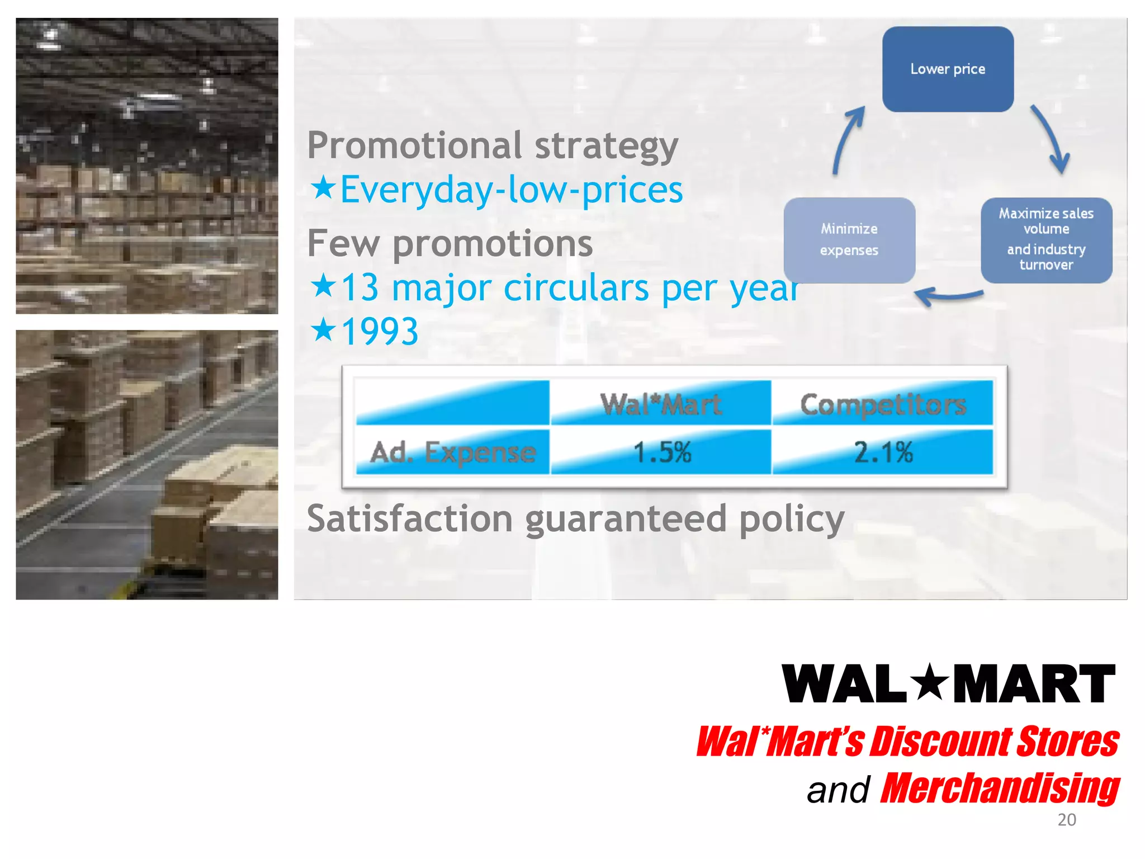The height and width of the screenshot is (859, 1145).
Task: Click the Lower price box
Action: pos(948,69)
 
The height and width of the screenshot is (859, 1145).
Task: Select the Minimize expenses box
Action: pos(849,240)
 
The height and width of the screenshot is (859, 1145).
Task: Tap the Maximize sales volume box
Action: pos(1046,240)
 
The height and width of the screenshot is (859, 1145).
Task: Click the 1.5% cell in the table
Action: pos(661,452)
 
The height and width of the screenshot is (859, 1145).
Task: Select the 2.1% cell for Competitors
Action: pos(883,452)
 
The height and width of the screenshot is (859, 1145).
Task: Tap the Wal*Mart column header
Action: pos(661,404)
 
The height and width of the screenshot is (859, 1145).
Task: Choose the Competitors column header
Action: pos(883,404)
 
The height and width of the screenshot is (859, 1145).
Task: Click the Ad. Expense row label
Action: pos(453,452)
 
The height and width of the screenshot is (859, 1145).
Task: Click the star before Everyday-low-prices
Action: pos(323,188)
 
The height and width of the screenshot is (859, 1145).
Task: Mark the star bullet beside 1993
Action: pos(323,329)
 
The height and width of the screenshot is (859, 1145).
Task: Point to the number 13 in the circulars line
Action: pos(359,287)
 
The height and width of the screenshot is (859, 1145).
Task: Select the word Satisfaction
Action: pos(410,518)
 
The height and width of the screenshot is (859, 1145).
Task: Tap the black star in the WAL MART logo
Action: pos(929,683)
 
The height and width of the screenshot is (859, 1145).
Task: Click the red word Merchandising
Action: pos(1000,789)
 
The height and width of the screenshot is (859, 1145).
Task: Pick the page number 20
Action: pos(1067,820)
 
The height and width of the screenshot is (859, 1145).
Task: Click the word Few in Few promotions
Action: pos(343,244)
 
